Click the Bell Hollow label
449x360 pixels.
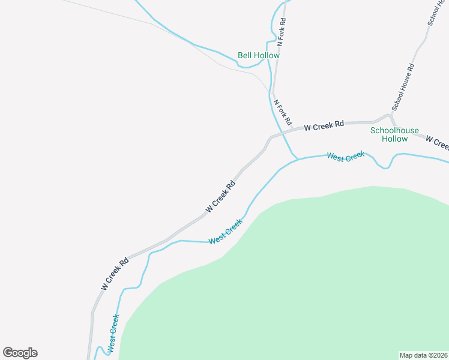[259, 55]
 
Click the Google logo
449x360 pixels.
[20, 353]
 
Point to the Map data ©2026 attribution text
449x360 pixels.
[423, 355]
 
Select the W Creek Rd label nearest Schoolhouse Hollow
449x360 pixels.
[324, 126]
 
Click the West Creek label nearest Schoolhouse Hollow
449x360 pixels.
[346, 156]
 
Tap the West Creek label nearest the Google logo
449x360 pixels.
[112, 334]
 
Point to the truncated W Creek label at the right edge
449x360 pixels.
[437, 143]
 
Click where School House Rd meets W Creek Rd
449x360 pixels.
[391, 116]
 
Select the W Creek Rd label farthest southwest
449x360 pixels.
[115, 274]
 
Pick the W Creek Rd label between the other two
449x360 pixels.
[220, 196]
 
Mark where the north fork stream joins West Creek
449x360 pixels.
[297, 159]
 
